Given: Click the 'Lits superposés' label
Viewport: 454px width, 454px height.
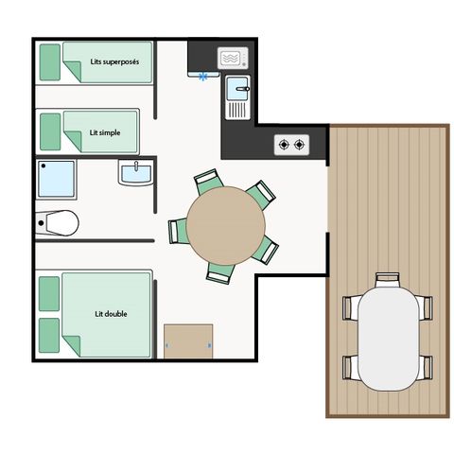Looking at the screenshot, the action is [x=114, y=61].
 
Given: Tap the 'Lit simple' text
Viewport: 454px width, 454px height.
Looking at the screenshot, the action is [x=105, y=132].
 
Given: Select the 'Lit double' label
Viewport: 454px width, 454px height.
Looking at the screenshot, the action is [x=111, y=314].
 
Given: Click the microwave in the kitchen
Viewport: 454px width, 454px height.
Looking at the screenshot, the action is [x=233, y=59].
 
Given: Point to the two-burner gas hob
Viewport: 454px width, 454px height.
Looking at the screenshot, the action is [x=291, y=145].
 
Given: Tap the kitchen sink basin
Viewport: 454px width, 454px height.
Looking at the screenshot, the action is [x=237, y=89].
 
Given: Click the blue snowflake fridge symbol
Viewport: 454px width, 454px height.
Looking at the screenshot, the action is [x=203, y=77].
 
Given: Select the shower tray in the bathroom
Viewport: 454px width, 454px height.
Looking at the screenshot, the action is [x=57, y=179].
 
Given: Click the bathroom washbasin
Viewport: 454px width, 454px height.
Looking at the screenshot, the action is [x=136, y=172].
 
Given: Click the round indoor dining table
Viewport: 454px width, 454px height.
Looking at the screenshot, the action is [x=226, y=226].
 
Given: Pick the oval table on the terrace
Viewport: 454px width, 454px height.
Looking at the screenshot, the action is [x=389, y=339].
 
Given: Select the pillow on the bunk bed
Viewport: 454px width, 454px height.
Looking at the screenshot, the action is [x=50, y=62].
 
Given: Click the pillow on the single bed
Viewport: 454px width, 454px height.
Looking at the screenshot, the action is [x=50, y=131].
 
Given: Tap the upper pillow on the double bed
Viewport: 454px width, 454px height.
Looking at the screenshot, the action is [x=49, y=294].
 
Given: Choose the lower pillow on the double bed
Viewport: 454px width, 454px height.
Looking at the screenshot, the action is [x=49, y=336].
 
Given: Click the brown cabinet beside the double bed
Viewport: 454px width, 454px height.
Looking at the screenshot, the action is [x=188, y=341].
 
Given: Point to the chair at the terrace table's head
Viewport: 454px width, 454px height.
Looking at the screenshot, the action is [x=388, y=280].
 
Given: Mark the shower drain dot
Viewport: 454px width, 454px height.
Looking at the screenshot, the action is [x=44, y=166].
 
